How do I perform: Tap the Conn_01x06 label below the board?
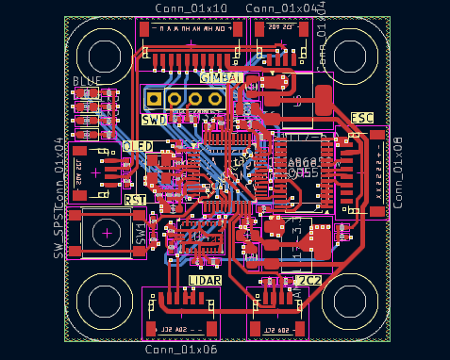click(181, 350)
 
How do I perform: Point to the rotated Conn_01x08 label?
click(397, 172)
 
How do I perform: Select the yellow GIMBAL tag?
click(222, 76)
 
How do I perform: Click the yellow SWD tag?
click(154, 120)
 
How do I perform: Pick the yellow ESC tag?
click(362, 118)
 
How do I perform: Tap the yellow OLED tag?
click(138, 147)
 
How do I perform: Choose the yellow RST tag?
click(136, 200)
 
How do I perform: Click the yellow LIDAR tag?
click(205, 281)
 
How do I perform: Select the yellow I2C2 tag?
click(308, 281)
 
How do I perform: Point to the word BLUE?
click(87, 81)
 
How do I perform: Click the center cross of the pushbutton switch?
click(108, 231)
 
